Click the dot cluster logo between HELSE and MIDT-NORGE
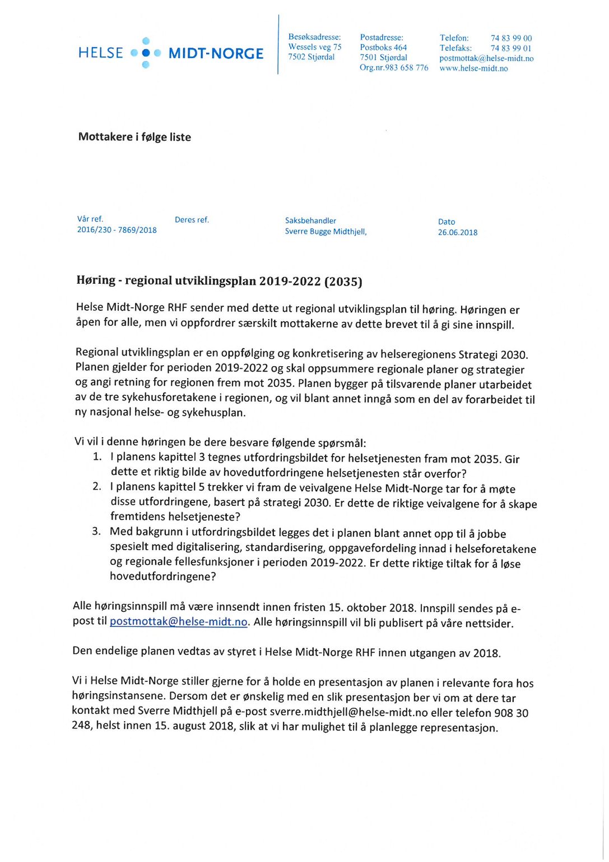(x=146, y=53)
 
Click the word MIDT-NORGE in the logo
(x=216, y=53)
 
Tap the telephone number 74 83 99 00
(x=511, y=38)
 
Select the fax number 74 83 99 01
(x=511, y=48)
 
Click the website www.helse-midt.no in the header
(x=473, y=68)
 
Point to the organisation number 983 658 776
(x=407, y=68)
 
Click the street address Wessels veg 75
(x=315, y=47)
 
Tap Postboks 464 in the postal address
(x=383, y=48)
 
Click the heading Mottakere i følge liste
(x=134, y=137)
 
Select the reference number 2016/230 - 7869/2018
(x=117, y=230)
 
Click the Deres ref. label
(x=192, y=220)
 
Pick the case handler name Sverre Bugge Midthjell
(x=326, y=232)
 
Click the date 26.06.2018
(x=458, y=233)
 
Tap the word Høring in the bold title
(x=96, y=280)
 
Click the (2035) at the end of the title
(x=343, y=282)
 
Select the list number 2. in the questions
(x=97, y=486)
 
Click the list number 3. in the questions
(x=96, y=531)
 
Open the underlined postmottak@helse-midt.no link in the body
(x=178, y=622)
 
